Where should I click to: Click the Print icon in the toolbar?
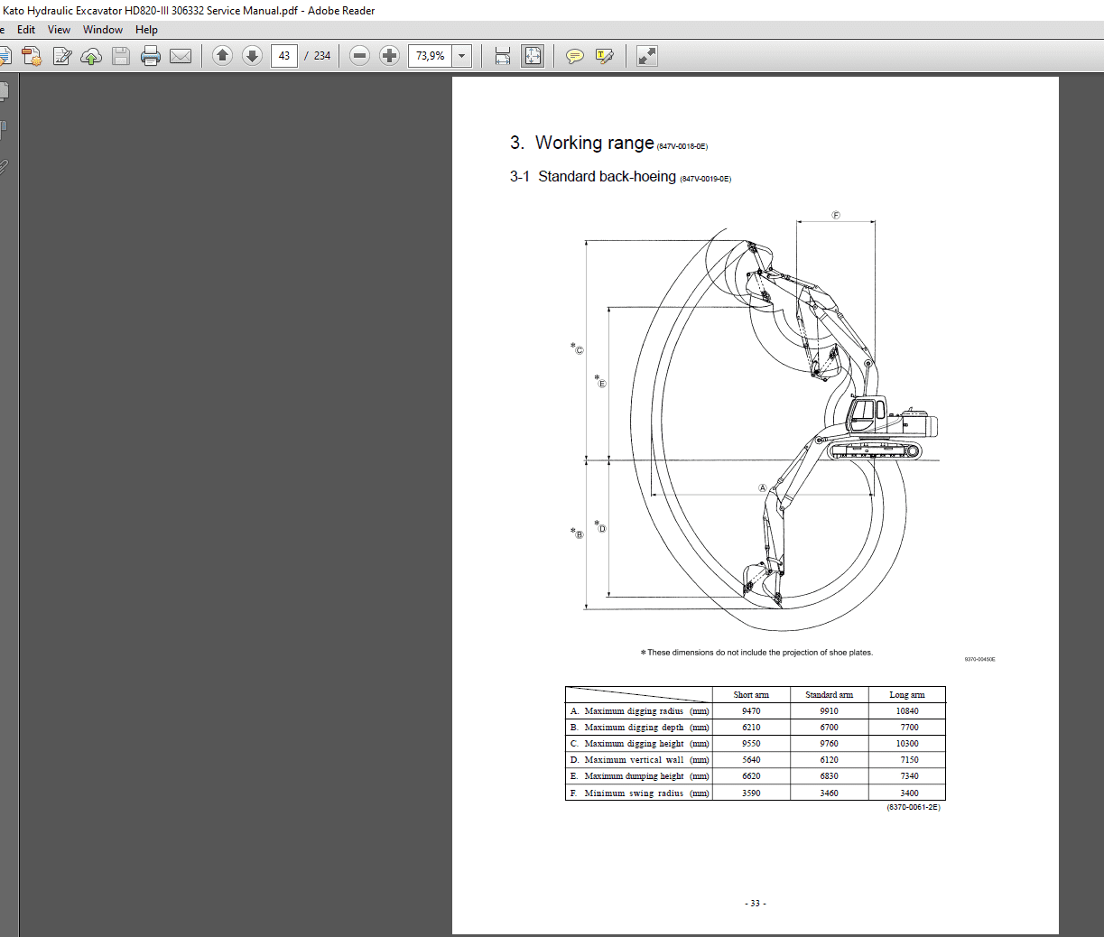151,56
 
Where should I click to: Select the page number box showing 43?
284,56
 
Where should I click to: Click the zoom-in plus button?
389,56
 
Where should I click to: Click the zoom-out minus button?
359,56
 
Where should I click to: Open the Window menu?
103,30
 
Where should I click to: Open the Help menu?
146,30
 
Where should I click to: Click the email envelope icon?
181,56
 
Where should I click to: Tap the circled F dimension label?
836,215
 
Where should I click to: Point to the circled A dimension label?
763,488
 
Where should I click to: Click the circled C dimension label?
579,350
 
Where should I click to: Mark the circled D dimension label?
602,528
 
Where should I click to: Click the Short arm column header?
751,695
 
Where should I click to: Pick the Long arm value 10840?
907,711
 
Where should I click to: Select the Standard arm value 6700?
829,728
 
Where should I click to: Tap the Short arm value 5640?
751,760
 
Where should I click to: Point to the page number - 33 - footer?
756,904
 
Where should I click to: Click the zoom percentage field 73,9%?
430,56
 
